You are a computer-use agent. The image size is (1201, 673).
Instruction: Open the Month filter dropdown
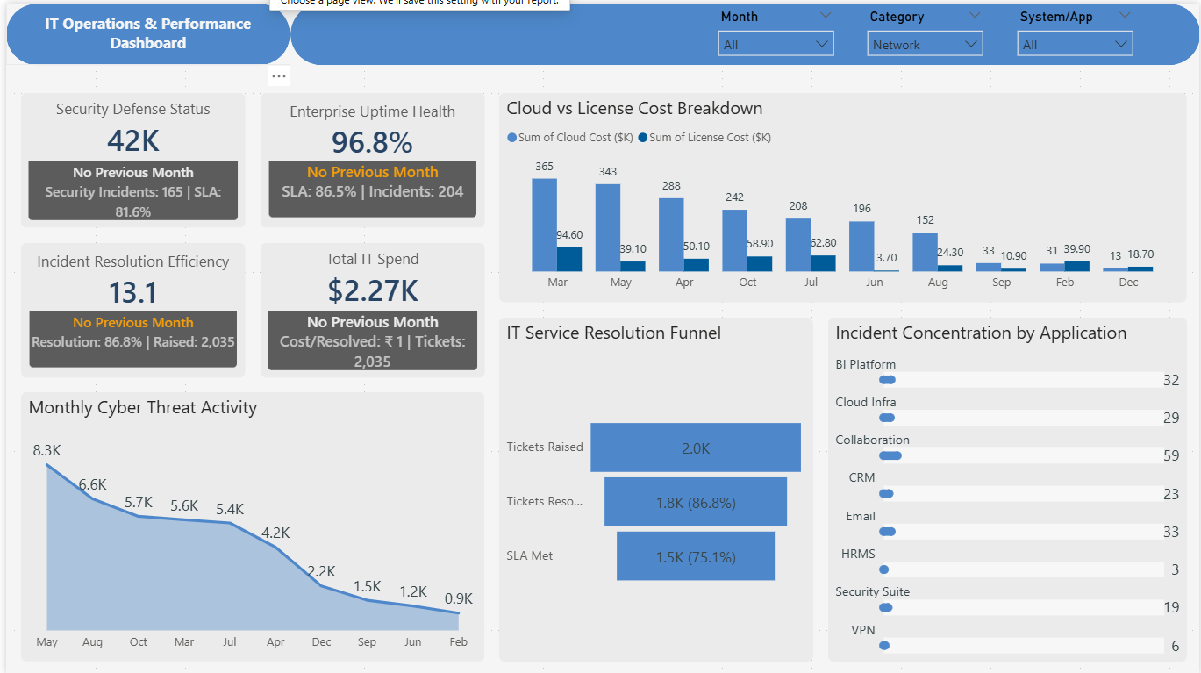pos(776,44)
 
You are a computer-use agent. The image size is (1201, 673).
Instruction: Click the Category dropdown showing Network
pos(925,44)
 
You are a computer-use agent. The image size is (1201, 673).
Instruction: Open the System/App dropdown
pos(1075,44)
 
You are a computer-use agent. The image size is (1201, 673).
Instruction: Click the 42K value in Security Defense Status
pos(133,140)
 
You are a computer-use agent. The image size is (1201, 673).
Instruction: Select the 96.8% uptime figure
pos(372,142)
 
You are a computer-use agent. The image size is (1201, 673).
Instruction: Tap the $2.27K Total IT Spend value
pos(372,290)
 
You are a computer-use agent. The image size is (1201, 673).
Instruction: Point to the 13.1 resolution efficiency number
pos(133,292)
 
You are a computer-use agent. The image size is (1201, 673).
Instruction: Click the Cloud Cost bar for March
pos(544,225)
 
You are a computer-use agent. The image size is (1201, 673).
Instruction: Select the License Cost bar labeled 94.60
pos(569,259)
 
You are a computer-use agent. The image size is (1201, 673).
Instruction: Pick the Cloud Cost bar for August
pos(925,252)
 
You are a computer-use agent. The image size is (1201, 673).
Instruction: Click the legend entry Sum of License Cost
pos(709,137)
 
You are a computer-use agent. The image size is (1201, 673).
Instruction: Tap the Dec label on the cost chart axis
pos(1128,283)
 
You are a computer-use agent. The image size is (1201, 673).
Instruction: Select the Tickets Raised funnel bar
pos(695,447)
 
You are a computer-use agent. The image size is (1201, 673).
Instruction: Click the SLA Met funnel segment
pos(695,556)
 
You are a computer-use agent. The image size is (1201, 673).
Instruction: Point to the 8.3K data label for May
pos(47,450)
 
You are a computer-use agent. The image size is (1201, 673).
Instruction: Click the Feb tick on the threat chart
pos(458,642)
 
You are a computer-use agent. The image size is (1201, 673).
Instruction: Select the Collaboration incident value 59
pos(1170,455)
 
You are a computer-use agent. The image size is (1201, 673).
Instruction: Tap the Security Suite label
pos(872,591)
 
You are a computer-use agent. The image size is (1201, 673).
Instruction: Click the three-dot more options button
pos(279,76)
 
